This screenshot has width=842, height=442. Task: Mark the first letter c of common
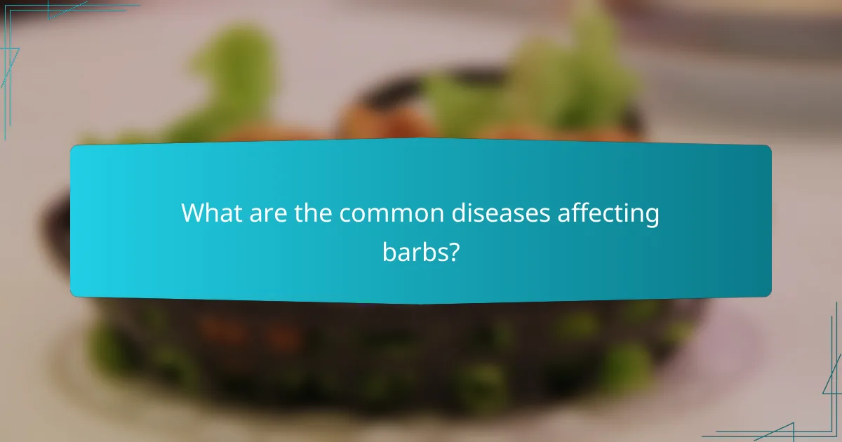pos(346,215)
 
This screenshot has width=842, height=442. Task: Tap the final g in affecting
pos(653,216)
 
